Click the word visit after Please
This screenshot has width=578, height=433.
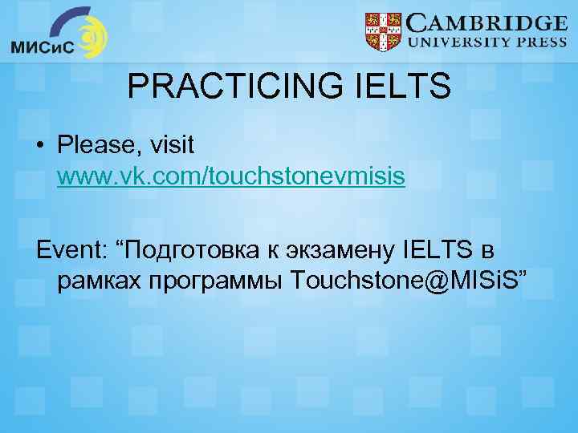point(172,145)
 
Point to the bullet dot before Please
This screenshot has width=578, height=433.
point(40,147)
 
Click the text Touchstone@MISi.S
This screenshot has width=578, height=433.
point(409,281)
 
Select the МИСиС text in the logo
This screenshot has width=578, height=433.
point(42,47)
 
